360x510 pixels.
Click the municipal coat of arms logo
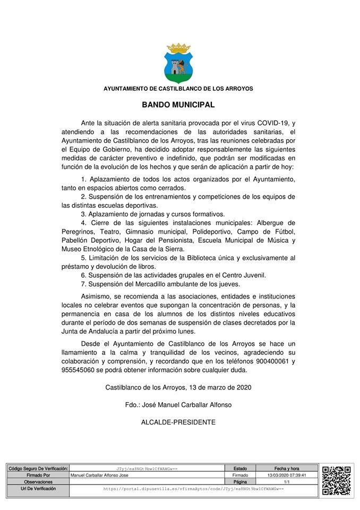[178, 63]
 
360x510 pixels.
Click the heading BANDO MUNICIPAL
[178, 105]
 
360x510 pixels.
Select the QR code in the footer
[336, 480]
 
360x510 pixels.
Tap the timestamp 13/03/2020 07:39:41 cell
[287, 475]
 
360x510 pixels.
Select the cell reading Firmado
[240, 475]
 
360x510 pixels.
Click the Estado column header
[240, 469]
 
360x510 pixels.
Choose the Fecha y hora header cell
[287, 469]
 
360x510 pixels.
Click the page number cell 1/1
[287, 482]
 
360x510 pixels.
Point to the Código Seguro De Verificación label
[38, 469]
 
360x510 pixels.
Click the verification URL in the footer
[193, 488]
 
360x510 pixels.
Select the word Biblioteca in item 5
[203, 258]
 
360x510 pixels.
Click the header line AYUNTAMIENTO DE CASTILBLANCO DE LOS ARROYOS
[178, 89]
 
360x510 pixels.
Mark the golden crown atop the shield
[178, 47]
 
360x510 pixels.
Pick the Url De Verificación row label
[38, 488]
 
